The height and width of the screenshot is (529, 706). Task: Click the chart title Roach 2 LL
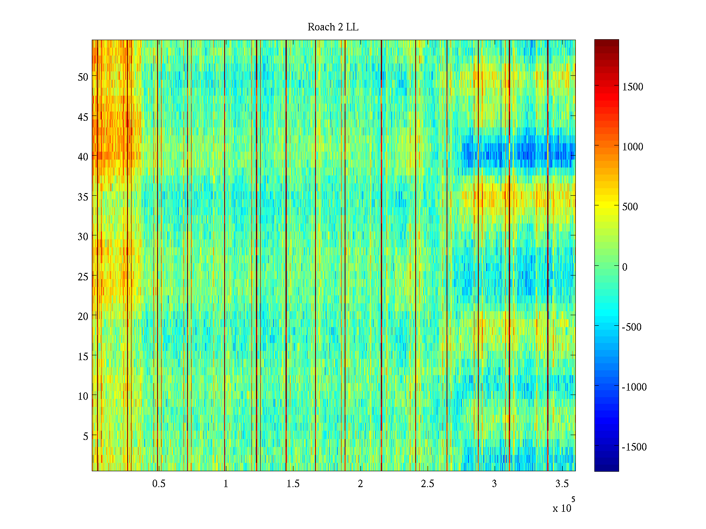click(333, 27)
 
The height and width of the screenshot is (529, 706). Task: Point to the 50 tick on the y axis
click(83, 77)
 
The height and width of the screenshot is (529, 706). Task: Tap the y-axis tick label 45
click(83, 117)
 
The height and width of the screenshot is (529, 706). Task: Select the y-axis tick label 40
click(83, 156)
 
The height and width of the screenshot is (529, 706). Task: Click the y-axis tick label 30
click(83, 236)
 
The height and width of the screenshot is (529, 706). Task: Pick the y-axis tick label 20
click(83, 316)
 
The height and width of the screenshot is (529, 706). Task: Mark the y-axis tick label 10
click(83, 396)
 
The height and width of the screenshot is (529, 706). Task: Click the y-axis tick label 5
click(86, 436)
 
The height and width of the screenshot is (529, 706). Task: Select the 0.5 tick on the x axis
click(159, 484)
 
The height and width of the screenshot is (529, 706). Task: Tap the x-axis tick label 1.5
click(293, 484)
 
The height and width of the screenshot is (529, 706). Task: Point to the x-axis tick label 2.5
click(428, 484)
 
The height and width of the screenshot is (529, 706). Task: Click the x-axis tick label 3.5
click(562, 484)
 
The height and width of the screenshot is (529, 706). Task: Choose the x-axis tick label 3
click(494, 484)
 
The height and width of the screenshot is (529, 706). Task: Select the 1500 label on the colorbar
click(633, 87)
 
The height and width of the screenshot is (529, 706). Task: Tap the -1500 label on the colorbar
click(634, 447)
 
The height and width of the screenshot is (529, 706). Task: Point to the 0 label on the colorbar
click(624, 267)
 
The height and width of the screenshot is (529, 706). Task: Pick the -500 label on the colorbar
click(631, 327)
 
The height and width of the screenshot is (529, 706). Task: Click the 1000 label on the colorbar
click(633, 147)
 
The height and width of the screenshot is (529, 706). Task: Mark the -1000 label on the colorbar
click(634, 387)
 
